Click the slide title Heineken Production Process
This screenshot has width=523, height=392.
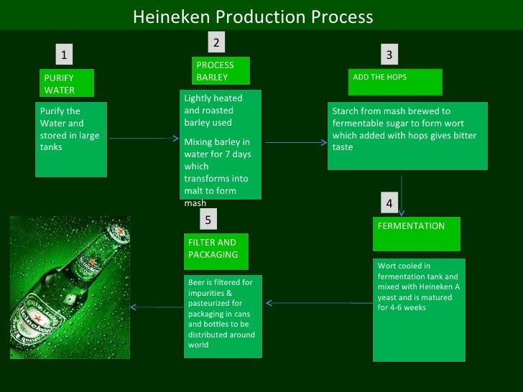click(253, 17)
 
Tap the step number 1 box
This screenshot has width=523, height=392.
click(65, 55)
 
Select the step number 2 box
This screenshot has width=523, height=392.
click(216, 43)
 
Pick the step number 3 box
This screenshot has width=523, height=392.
click(389, 55)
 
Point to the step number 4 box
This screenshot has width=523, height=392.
click(389, 204)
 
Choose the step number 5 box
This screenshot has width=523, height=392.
click(208, 220)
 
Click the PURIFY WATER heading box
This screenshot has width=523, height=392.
click(67, 84)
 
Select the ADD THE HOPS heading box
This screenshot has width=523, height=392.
click(394, 82)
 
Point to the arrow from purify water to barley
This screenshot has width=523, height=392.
click(143, 140)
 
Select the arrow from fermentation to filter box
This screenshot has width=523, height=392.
click(319, 302)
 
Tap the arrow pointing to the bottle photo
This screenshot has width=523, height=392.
click(157, 308)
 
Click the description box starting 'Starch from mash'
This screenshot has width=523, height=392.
click(407, 136)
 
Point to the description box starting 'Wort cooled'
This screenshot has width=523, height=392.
click(419, 309)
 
